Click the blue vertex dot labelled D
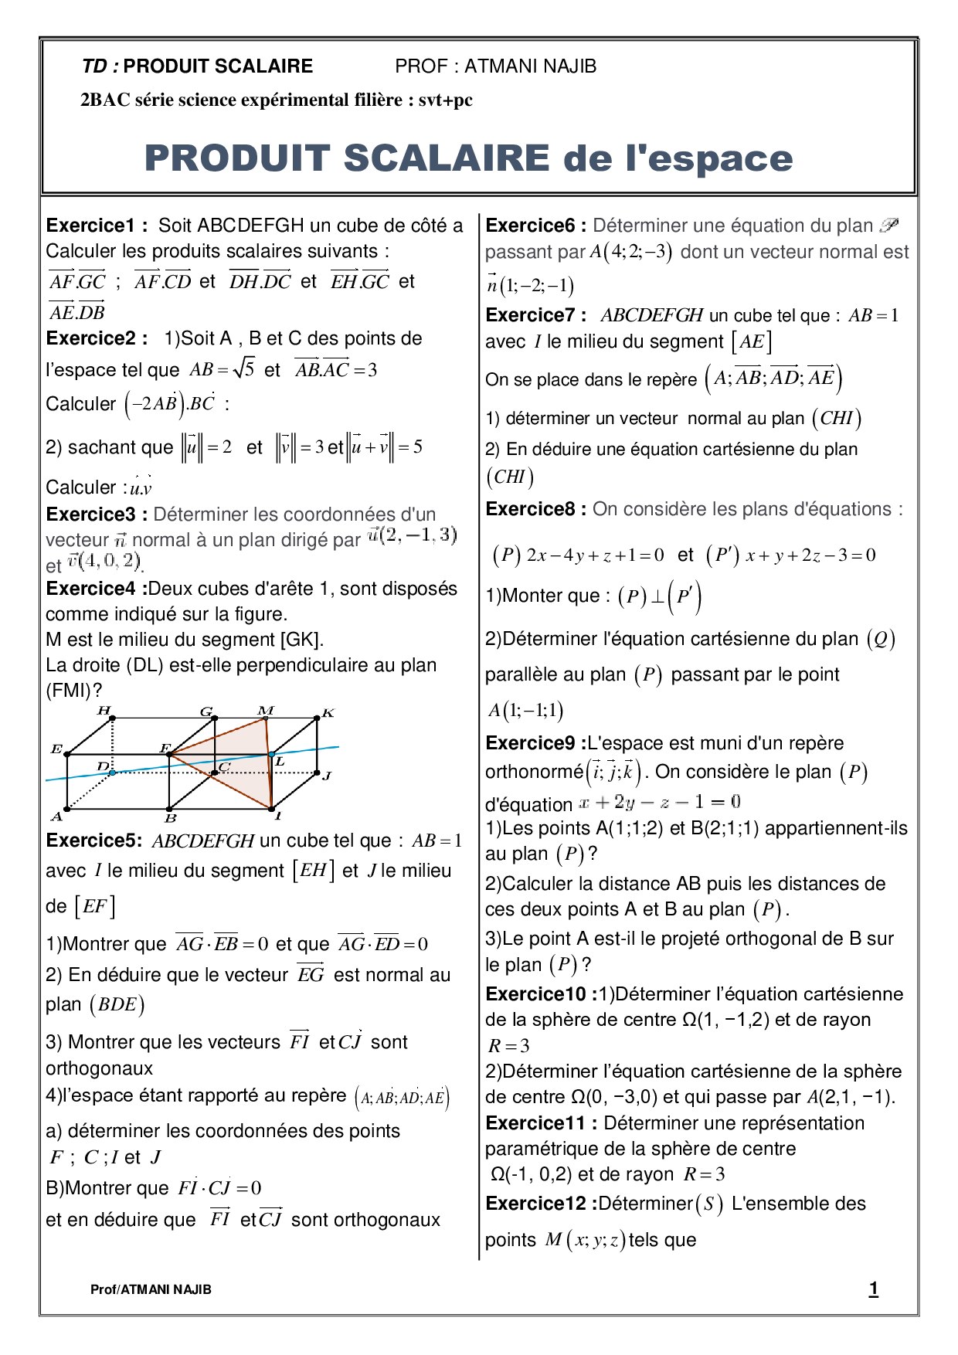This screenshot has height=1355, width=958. point(113,773)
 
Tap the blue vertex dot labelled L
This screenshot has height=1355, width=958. point(272,754)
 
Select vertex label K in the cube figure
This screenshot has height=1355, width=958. point(328,713)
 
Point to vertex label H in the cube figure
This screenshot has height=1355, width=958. point(104,710)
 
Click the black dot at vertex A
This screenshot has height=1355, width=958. point(67,810)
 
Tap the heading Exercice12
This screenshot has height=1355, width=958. point(540,1204)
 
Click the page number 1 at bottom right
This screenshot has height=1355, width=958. point(873,1289)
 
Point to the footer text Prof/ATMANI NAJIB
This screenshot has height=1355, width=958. point(151,1289)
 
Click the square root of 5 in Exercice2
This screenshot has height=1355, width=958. point(243,368)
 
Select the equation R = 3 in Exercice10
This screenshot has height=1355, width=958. point(508,1046)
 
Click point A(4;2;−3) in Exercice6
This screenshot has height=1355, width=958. point(630,252)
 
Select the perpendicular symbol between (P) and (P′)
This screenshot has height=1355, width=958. point(657,597)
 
